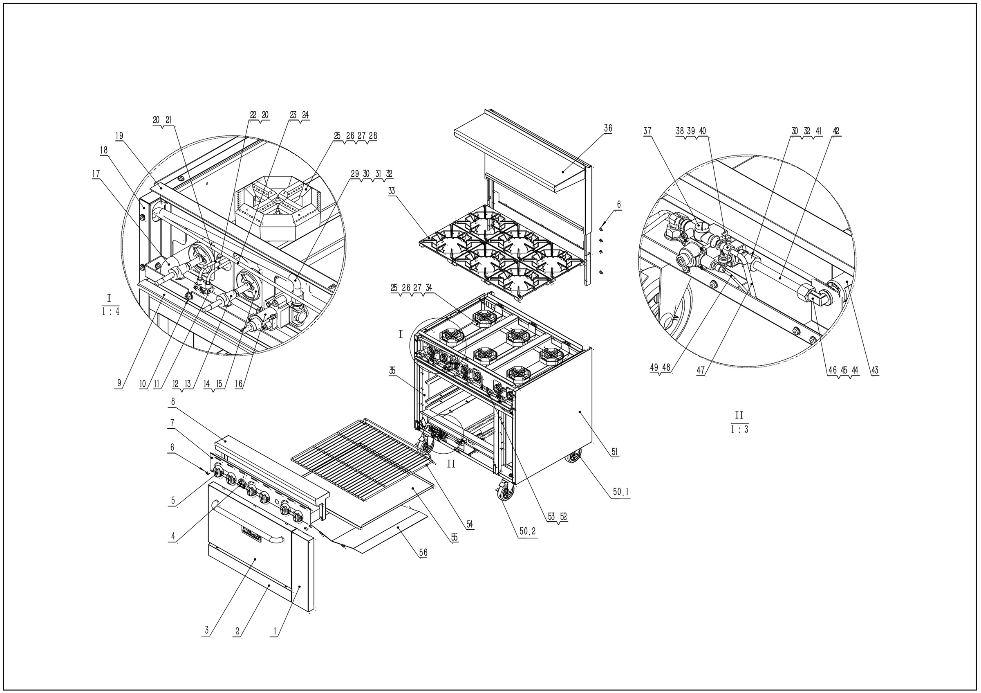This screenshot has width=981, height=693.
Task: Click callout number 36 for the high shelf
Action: tap(607, 128)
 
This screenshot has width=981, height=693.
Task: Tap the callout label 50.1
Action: tap(620, 493)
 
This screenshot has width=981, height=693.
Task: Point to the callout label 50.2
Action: tap(527, 532)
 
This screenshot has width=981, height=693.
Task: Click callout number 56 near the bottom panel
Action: tap(423, 553)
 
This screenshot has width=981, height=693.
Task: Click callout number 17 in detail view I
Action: tap(96, 174)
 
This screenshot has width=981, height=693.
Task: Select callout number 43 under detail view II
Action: tap(875, 370)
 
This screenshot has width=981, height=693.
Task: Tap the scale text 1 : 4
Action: tap(111, 312)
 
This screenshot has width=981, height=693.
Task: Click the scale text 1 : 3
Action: tap(739, 430)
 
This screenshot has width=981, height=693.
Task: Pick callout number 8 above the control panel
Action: tap(172, 401)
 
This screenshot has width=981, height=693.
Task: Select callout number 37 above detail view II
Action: tap(647, 131)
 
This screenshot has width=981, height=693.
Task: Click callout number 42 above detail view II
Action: tap(836, 131)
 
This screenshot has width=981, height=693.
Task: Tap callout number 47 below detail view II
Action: tap(701, 370)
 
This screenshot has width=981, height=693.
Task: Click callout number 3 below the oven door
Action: tap(206, 630)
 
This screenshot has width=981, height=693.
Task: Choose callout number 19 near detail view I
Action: tap(119, 136)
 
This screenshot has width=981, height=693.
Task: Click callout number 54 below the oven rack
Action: tap(470, 524)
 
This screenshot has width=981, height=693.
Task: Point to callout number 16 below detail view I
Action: tap(238, 383)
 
